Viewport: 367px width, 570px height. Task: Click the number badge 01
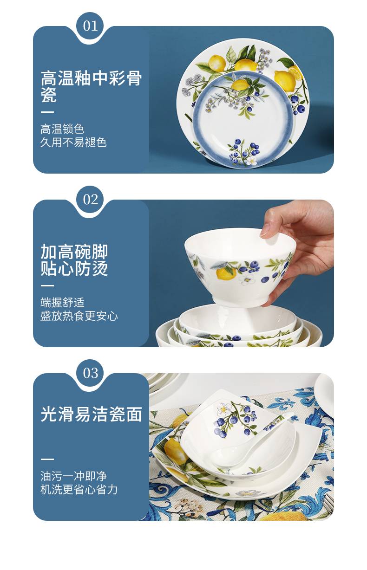click(91, 26)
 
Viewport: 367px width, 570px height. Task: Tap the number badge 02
click(91, 200)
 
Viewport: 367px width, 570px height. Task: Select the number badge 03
click(91, 373)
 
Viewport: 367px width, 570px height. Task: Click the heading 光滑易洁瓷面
click(91, 415)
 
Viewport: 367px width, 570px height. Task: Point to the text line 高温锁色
click(62, 129)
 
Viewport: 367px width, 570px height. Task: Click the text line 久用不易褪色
click(73, 142)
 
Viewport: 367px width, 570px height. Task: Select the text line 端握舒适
click(62, 303)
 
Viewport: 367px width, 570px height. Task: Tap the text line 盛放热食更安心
click(79, 316)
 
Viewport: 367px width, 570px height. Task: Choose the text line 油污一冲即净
click(73, 476)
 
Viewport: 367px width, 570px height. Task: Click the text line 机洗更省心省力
click(79, 490)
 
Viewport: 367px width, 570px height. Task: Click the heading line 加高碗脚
click(74, 252)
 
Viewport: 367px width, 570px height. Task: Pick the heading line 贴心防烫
click(74, 269)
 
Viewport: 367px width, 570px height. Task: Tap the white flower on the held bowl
click(247, 279)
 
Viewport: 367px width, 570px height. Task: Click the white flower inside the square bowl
click(223, 409)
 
